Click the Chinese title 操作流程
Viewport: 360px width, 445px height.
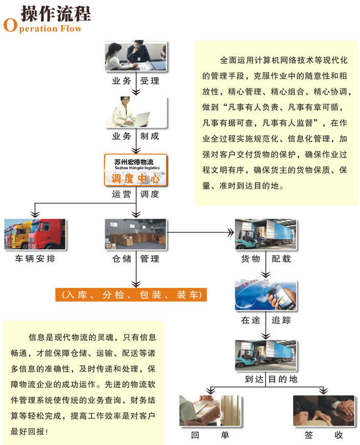pos(56,13)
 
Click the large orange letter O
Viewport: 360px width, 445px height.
pos(10,25)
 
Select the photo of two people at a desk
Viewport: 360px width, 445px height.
pos(136,56)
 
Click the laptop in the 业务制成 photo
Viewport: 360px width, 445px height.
pos(141,119)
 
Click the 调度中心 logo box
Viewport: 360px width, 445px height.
pos(136,170)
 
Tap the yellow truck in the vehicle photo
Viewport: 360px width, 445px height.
pos(22,235)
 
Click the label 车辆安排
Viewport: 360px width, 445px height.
pos(35,259)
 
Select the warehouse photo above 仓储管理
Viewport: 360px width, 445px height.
pos(136,234)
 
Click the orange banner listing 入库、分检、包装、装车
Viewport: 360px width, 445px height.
pos(131,294)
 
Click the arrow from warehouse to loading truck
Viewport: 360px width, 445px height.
pos(201,233)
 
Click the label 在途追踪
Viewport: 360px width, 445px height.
pos(266,320)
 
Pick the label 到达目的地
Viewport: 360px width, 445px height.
pos(271,379)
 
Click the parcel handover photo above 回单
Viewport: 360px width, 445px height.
pos(211,411)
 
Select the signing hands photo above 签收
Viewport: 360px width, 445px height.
pos(324,411)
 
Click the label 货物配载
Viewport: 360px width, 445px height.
pos(266,259)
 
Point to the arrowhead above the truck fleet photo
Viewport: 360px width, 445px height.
pos(35,214)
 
